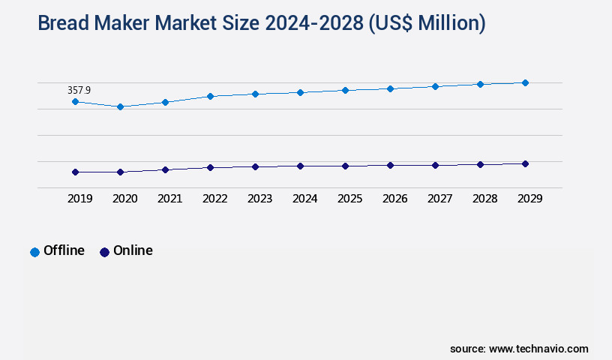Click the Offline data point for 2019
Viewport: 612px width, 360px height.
point(75,101)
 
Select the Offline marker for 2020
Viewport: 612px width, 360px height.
point(120,106)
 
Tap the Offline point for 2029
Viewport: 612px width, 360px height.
point(525,82)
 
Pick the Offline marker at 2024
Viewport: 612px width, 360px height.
point(300,92)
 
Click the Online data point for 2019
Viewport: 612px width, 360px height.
point(75,172)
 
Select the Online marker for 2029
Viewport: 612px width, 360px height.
point(525,163)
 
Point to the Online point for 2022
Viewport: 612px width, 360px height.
point(210,167)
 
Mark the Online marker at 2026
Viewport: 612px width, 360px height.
point(390,165)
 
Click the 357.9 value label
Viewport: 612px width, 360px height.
point(79,90)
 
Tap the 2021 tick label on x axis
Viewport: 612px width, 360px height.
point(169,199)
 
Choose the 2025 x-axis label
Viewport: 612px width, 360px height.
point(349,199)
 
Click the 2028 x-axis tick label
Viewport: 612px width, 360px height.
point(484,199)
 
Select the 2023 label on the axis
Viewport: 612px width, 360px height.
point(259,199)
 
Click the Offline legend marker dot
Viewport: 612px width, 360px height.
point(34,252)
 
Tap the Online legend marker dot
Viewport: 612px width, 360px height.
point(104,252)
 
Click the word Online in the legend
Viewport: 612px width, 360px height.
point(133,250)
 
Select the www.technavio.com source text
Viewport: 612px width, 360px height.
point(538,349)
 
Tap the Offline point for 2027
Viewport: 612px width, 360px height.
point(435,86)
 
